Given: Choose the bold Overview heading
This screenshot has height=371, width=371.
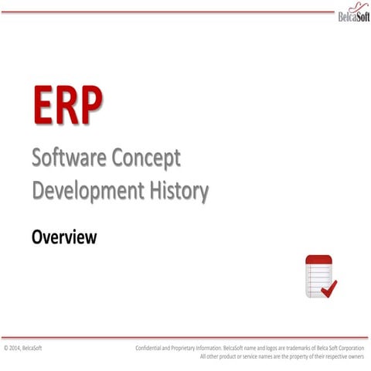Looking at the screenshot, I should pos(64,237).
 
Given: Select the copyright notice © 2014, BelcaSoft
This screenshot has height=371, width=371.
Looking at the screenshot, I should pos(22,349).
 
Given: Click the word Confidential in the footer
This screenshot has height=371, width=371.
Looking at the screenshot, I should pos(152,349).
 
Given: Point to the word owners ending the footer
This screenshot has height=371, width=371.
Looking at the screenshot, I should pos(356,356).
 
